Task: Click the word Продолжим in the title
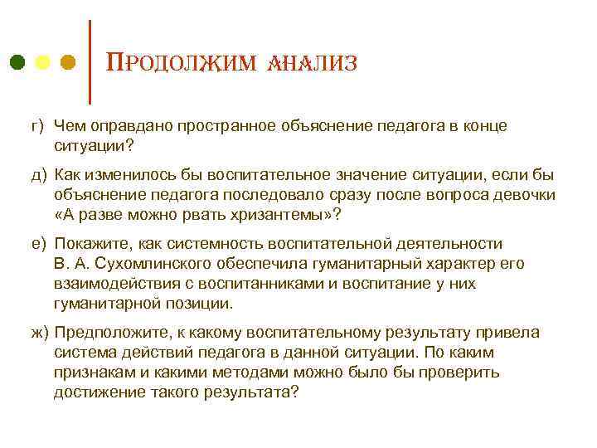click(x=173, y=63)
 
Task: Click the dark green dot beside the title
click(x=17, y=62)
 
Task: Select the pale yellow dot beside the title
click(x=43, y=62)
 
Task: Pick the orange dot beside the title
click(x=69, y=62)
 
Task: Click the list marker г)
click(x=36, y=126)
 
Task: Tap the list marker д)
click(x=36, y=175)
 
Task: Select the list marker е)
click(x=36, y=244)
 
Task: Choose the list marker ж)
click(x=37, y=333)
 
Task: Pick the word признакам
click(x=92, y=373)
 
